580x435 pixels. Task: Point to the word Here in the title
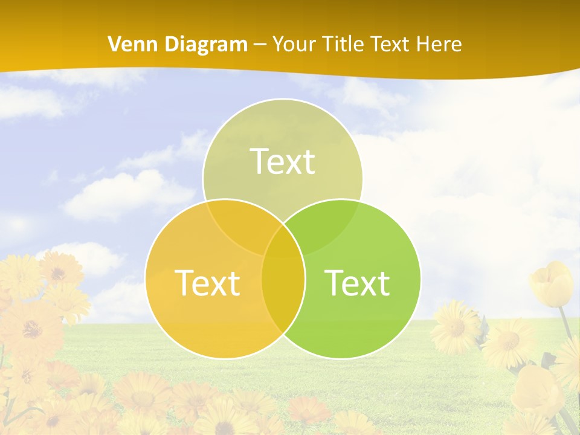[440, 44]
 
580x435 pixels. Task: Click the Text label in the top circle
[283, 162]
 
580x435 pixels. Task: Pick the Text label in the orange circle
[207, 283]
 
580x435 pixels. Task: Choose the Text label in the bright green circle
[357, 283]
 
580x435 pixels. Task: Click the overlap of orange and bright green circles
[283, 296]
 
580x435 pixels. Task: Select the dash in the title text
[260, 44]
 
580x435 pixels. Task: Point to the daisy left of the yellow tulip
[455, 327]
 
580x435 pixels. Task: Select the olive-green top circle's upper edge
[283, 100]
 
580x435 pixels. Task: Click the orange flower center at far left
[30, 329]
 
